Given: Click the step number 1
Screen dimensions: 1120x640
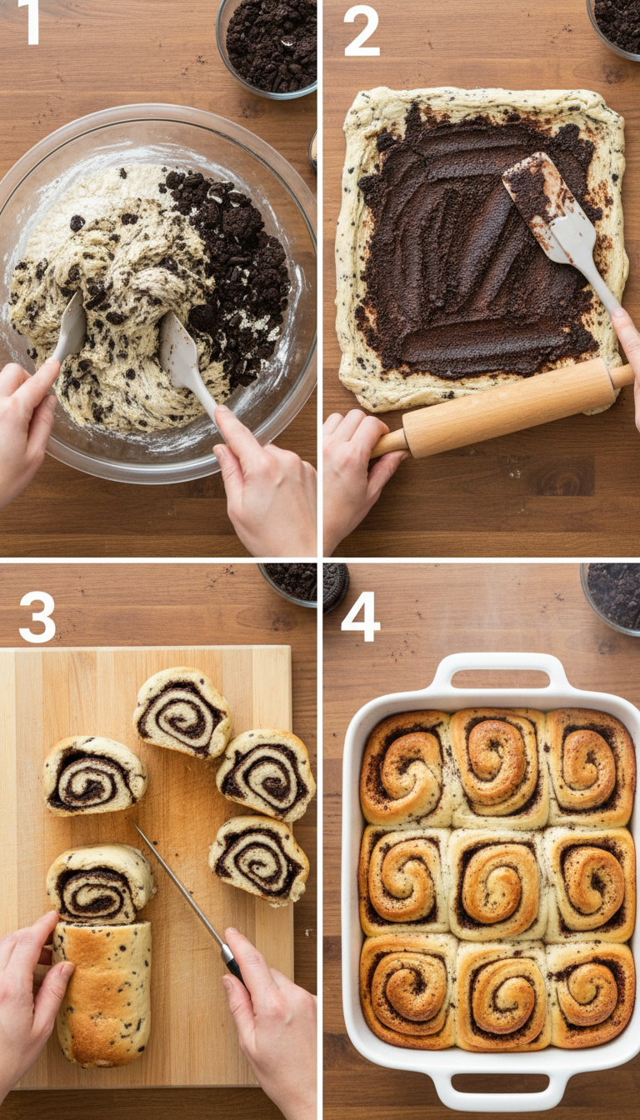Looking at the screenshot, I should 31,22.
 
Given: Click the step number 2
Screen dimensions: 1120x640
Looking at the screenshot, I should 361,30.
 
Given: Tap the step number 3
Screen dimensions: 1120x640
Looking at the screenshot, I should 37,617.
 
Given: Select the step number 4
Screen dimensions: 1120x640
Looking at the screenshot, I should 360,617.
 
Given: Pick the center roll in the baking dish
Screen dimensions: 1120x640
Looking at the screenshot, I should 497,884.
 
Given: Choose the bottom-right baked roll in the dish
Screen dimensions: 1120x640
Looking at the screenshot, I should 590,993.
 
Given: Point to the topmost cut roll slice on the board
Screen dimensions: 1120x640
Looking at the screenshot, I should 182,712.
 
